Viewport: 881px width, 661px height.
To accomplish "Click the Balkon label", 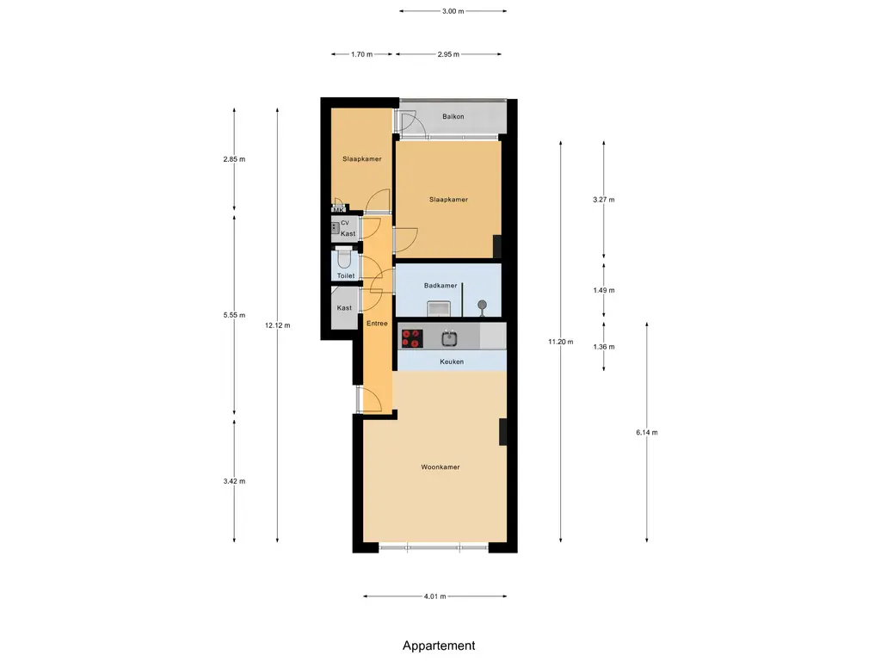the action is pyautogui.click(x=453, y=117).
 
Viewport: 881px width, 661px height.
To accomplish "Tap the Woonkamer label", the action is pyautogui.click(x=440, y=467).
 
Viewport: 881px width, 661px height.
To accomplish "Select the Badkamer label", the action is pyautogui.click(x=440, y=286).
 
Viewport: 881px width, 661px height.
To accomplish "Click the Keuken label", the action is pyautogui.click(x=452, y=362).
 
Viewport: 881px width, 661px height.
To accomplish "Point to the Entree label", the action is pyautogui.click(x=377, y=324).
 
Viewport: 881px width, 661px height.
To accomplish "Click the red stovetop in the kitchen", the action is pyautogui.click(x=412, y=339).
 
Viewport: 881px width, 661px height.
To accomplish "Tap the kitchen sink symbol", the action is pyautogui.click(x=449, y=338).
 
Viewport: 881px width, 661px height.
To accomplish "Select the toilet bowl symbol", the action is pyautogui.click(x=344, y=259).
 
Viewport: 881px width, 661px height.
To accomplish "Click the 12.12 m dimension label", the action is pyautogui.click(x=278, y=325).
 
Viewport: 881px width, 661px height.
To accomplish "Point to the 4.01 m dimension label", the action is pyautogui.click(x=434, y=596).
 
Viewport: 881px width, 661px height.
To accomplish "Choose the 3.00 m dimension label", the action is pyautogui.click(x=453, y=11).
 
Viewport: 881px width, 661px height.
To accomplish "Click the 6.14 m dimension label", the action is pyautogui.click(x=647, y=432).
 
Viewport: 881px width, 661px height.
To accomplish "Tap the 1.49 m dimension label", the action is pyautogui.click(x=604, y=291).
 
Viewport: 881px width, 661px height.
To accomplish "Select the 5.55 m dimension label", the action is pyautogui.click(x=234, y=315).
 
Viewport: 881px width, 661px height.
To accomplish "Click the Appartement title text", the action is pyautogui.click(x=439, y=646).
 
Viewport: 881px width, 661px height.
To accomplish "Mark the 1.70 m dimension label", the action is pyautogui.click(x=362, y=54).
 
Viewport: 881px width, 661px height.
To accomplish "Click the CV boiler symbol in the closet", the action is pyautogui.click(x=335, y=227).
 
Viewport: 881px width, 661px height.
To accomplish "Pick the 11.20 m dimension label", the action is pyautogui.click(x=561, y=342).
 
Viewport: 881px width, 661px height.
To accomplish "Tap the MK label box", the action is pyautogui.click(x=338, y=210).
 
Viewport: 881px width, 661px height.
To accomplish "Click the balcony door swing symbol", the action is pyautogui.click(x=406, y=121).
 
